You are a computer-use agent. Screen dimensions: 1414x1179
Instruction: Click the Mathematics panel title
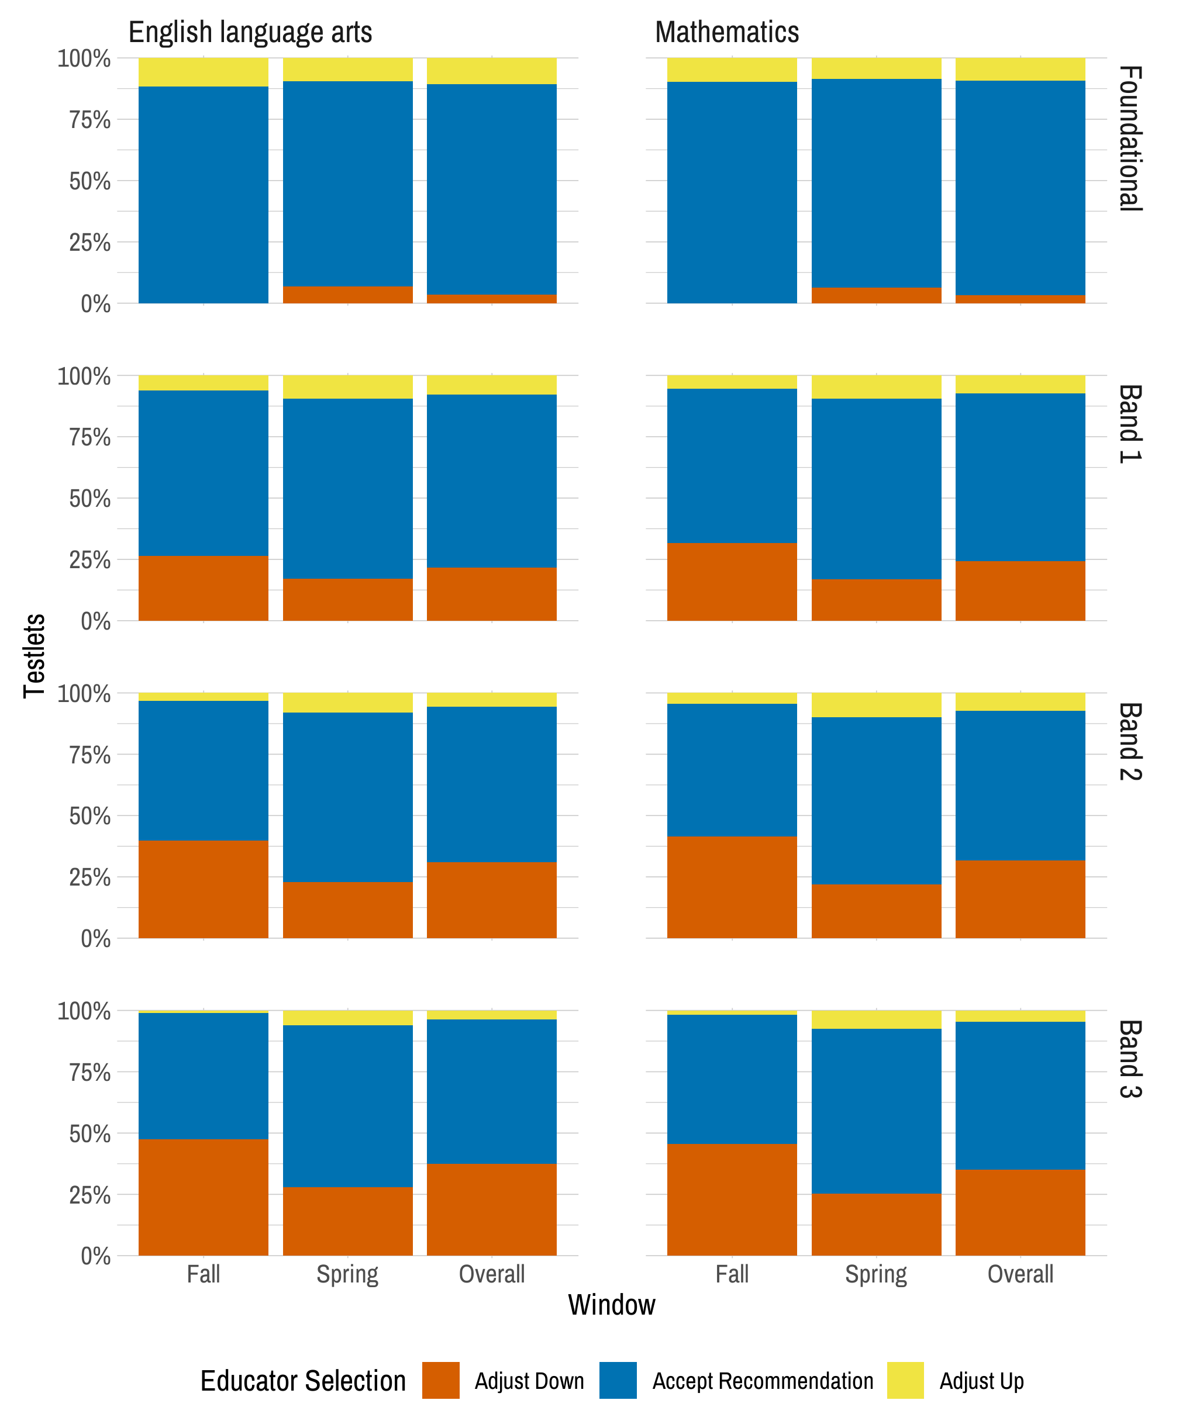click(x=726, y=32)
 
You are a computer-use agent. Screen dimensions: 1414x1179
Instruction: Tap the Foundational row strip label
click(x=1129, y=138)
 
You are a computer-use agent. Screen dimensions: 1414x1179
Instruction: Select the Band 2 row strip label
click(x=1129, y=741)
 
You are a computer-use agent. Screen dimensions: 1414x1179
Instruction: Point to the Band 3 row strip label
click(x=1129, y=1059)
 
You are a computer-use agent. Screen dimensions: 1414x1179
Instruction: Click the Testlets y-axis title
click(x=35, y=655)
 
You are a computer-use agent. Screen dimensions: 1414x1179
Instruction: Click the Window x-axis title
click(x=611, y=1304)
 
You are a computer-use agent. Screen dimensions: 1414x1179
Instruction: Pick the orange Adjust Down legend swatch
click(x=440, y=1380)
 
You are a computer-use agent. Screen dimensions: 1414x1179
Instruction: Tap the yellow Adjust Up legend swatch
click(x=905, y=1380)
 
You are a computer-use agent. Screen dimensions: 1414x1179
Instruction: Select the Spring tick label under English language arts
click(x=347, y=1274)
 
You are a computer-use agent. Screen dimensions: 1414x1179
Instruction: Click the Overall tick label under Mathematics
click(x=1020, y=1274)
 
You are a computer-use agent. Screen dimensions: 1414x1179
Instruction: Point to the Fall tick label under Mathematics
click(x=732, y=1274)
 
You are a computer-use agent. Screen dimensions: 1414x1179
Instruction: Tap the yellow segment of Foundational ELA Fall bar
click(x=204, y=72)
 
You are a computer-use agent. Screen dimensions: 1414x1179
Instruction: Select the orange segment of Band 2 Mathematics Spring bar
click(x=876, y=911)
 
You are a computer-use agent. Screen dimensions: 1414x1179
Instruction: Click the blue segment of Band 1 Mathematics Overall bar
click(x=1020, y=477)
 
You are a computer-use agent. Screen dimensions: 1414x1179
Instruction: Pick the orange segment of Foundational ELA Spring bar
click(x=347, y=295)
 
